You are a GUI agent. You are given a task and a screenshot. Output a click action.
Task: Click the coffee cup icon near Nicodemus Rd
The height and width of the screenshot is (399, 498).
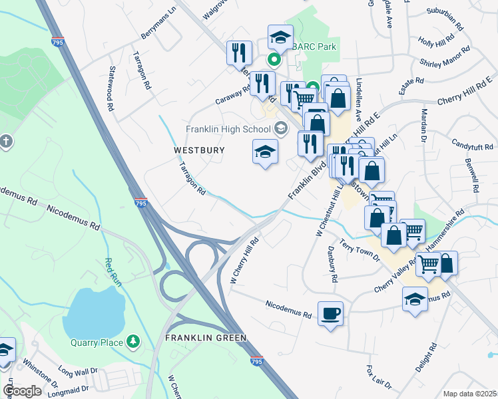330,313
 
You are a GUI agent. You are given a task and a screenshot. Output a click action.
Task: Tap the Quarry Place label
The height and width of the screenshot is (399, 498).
97,342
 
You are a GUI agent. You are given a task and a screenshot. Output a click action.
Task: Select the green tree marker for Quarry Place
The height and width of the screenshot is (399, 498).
134,342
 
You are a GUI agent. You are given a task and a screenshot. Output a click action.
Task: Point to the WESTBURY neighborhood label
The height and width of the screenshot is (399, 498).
199,150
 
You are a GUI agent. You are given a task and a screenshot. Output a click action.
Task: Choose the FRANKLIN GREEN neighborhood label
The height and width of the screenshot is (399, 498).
205,338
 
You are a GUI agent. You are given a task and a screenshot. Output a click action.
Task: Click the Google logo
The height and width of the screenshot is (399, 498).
23,391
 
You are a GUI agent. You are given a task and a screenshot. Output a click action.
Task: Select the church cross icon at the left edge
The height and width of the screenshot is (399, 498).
6,141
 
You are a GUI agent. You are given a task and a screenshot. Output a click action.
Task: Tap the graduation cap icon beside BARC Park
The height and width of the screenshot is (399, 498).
280,38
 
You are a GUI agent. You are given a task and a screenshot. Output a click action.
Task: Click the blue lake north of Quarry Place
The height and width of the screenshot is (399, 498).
97,311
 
